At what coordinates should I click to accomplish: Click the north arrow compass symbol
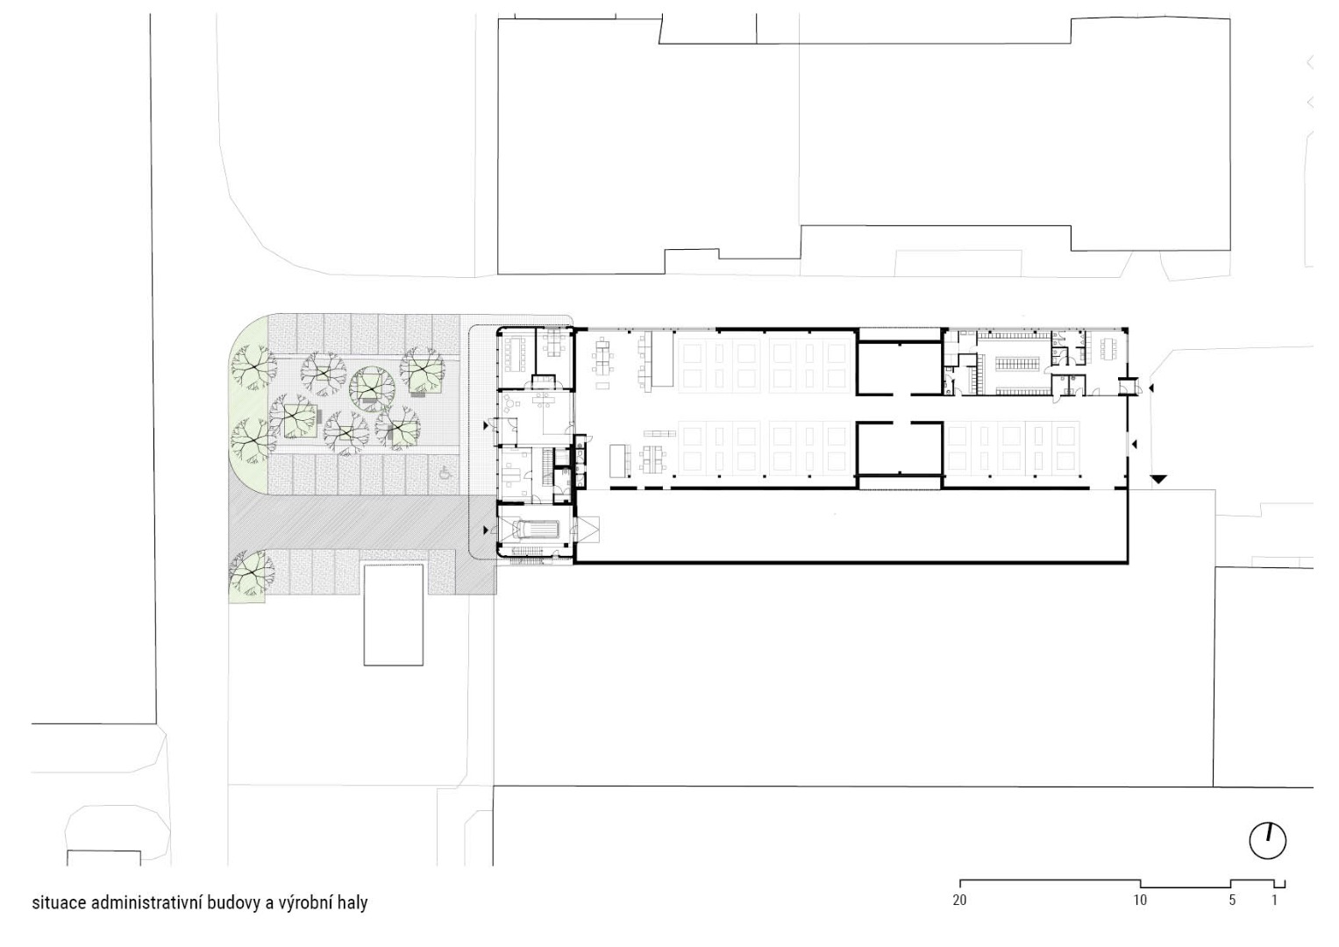[x=1268, y=841]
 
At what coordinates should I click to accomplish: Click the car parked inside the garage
[x=536, y=529]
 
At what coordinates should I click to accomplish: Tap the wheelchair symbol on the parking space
[x=445, y=473]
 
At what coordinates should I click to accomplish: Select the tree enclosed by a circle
[x=373, y=388]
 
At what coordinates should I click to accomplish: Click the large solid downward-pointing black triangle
[x=1158, y=479]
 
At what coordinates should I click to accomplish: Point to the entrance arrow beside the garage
[x=487, y=530]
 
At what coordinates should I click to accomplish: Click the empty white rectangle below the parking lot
[x=394, y=615]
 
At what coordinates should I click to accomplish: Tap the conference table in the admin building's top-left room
[x=513, y=354]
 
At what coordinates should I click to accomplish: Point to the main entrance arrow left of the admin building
[x=487, y=425]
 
